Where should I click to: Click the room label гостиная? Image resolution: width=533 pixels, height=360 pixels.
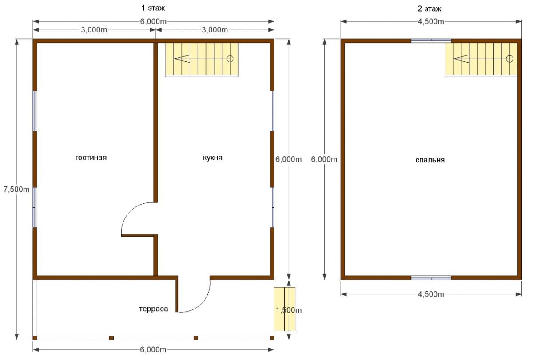[x=91, y=158]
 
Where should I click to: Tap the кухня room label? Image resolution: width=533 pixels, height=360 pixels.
[x=212, y=158]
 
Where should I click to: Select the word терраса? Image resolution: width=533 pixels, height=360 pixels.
[x=154, y=309]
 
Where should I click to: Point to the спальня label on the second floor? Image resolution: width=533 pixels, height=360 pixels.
[x=430, y=160]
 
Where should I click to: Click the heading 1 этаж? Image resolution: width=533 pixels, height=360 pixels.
[x=153, y=8]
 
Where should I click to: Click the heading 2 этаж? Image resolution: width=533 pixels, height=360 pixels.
[x=430, y=8]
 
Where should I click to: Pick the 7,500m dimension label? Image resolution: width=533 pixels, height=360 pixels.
[x=16, y=189]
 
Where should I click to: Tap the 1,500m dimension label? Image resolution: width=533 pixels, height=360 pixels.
[x=289, y=310]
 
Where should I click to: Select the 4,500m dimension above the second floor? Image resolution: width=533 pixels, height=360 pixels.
[x=431, y=21]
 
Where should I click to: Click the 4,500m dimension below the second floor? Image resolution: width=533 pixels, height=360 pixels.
[x=431, y=294]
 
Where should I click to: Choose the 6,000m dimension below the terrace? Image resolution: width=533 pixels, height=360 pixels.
[x=153, y=349]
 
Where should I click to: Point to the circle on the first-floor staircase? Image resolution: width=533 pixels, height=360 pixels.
[x=230, y=59]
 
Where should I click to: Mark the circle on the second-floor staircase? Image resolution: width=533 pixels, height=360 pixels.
[x=509, y=59]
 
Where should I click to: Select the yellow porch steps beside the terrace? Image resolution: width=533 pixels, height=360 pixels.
[x=285, y=309]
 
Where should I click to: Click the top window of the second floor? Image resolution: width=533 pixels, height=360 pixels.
[x=431, y=40]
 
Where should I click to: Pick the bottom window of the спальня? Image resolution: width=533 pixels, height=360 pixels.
[x=431, y=278]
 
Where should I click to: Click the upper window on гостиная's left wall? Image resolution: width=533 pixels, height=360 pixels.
[x=35, y=111]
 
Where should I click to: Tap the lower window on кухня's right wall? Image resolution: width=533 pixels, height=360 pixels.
[x=272, y=207]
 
